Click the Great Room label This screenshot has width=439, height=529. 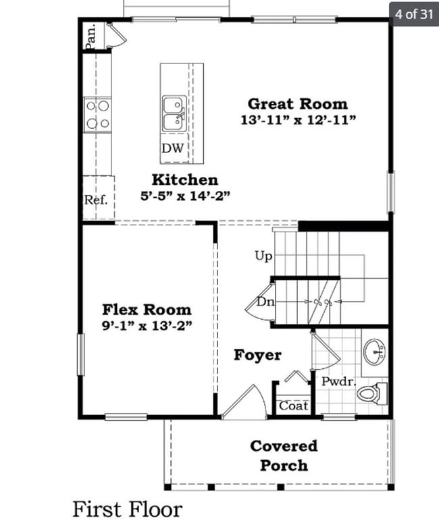point(297,104)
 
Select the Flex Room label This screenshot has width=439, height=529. point(147,310)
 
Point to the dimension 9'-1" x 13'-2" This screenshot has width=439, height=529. point(147,325)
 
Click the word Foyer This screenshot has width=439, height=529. point(257,355)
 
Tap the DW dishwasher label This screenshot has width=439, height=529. point(172,148)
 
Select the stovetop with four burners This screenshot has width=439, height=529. point(97,114)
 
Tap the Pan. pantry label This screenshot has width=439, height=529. point(90,37)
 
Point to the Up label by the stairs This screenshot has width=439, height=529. point(263,256)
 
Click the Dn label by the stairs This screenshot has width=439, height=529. point(265,302)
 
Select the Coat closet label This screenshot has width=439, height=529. point(294,406)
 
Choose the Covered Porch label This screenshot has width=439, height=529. point(284,455)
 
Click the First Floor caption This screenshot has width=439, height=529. point(127,508)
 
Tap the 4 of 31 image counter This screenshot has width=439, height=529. point(413,14)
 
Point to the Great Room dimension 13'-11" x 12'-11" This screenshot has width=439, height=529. point(298,120)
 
